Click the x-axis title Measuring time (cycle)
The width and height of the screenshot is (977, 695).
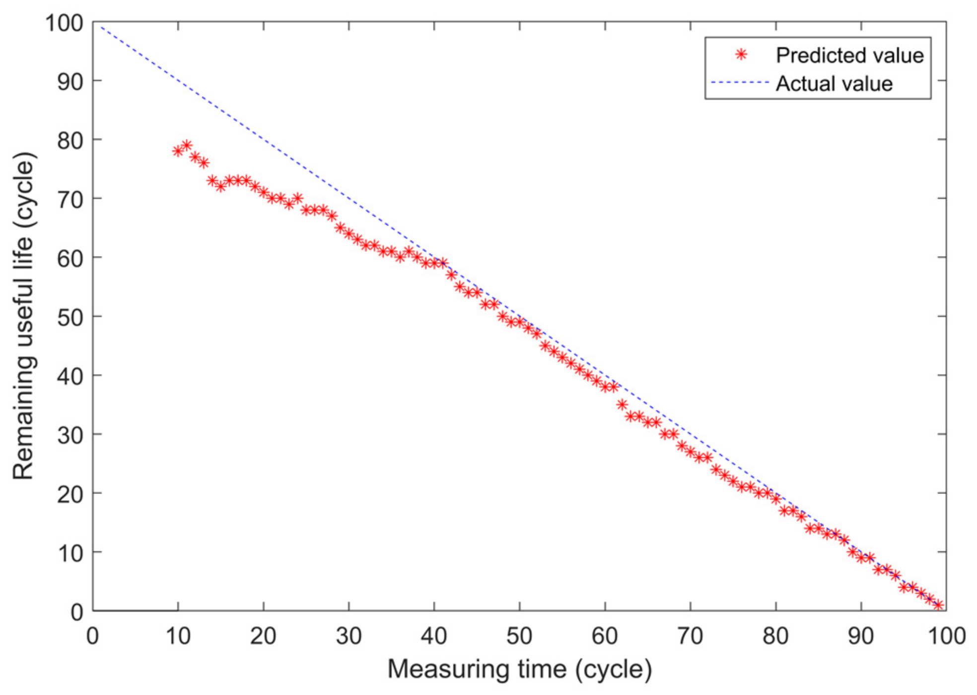(519, 669)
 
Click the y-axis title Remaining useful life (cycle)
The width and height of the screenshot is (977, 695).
(23, 316)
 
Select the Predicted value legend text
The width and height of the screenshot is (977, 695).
(849, 55)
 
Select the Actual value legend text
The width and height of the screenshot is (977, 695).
(834, 83)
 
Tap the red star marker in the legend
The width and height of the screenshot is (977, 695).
(741, 55)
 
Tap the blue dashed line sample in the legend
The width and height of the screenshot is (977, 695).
(739, 82)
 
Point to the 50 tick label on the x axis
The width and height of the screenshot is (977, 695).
(519, 636)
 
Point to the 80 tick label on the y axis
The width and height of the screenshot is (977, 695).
(70, 141)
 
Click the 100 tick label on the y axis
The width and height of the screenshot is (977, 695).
(64, 23)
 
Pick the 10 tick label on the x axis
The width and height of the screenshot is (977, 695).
(178, 636)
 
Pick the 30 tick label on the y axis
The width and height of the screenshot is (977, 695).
(70, 435)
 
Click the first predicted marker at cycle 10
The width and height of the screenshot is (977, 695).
(178, 151)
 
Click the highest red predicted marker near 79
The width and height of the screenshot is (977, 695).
(187, 145)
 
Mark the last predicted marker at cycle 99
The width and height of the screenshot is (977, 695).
(938, 605)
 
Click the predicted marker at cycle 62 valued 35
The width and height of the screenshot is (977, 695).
(622, 405)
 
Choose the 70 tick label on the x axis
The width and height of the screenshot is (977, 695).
(690, 636)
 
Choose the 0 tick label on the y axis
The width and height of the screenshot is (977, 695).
(76, 612)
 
